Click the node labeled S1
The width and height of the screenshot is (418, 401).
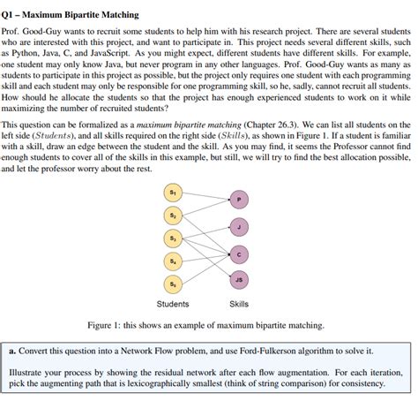171,192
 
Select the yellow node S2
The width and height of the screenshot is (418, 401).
171,215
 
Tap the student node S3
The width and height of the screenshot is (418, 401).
171,238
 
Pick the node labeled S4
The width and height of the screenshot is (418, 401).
171,261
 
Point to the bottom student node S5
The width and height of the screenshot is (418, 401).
171,284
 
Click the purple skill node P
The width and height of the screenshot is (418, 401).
238,200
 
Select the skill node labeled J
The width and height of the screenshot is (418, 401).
238,227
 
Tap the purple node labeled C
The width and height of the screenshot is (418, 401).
238,254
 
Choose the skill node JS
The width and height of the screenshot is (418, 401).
238,282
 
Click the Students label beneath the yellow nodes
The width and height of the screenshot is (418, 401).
172,304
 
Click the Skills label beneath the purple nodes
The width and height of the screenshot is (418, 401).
238,304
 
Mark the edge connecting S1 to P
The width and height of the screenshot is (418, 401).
205,195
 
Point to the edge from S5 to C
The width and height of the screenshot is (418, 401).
205,269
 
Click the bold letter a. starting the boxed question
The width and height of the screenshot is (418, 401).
12,350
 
